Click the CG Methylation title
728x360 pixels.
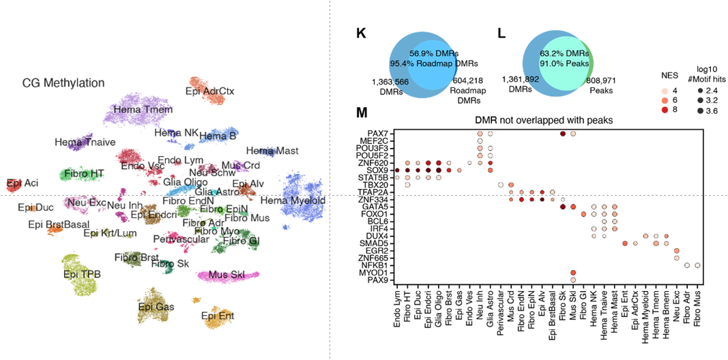pyautogui.click(x=63, y=83)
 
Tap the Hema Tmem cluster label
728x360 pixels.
pyautogui.click(x=143, y=109)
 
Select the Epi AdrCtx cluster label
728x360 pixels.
pyautogui.click(x=209, y=90)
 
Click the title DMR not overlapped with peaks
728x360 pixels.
pyautogui.click(x=544, y=120)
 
